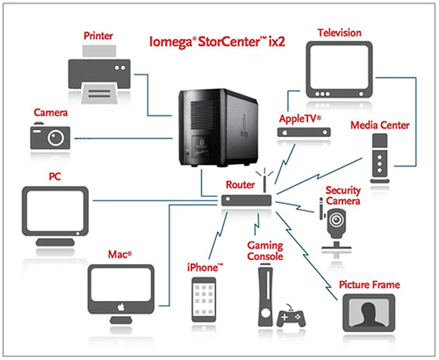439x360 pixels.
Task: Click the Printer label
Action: pyautogui.click(x=98, y=36)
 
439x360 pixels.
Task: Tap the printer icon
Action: pyautogui.click(x=99, y=74)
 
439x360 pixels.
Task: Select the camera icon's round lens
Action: pyautogui.click(x=56, y=138)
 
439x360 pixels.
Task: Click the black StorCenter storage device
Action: pyautogui.click(x=218, y=128)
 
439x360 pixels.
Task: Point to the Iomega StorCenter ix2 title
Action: pyautogui.click(x=217, y=42)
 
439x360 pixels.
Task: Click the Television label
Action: pyautogui.click(x=339, y=33)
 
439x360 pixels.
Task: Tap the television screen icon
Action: pyautogui.click(x=339, y=70)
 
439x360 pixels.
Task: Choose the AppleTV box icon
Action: pyautogui.click(x=304, y=132)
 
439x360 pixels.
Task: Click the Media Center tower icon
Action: pyautogui.click(x=379, y=158)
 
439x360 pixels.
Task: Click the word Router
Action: pyautogui.click(x=240, y=185)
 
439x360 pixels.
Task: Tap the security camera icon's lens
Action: pyautogui.click(x=336, y=220)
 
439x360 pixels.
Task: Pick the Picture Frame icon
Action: pyautogui.click(x=369, y=313)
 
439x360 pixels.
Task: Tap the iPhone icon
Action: pyautogui.click(x=204, y=300)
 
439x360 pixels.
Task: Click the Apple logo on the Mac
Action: pyautogui.click(x=121, y=307)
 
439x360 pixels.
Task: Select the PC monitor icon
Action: pyautogui.click(x=55, y=216)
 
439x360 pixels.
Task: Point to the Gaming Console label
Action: pyautogui.click(x=265, y=251)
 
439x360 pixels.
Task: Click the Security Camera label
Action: pyautogui.click(x=343, y=196)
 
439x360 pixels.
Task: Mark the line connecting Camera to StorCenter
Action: pyautogui.click(x=124, y=139)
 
